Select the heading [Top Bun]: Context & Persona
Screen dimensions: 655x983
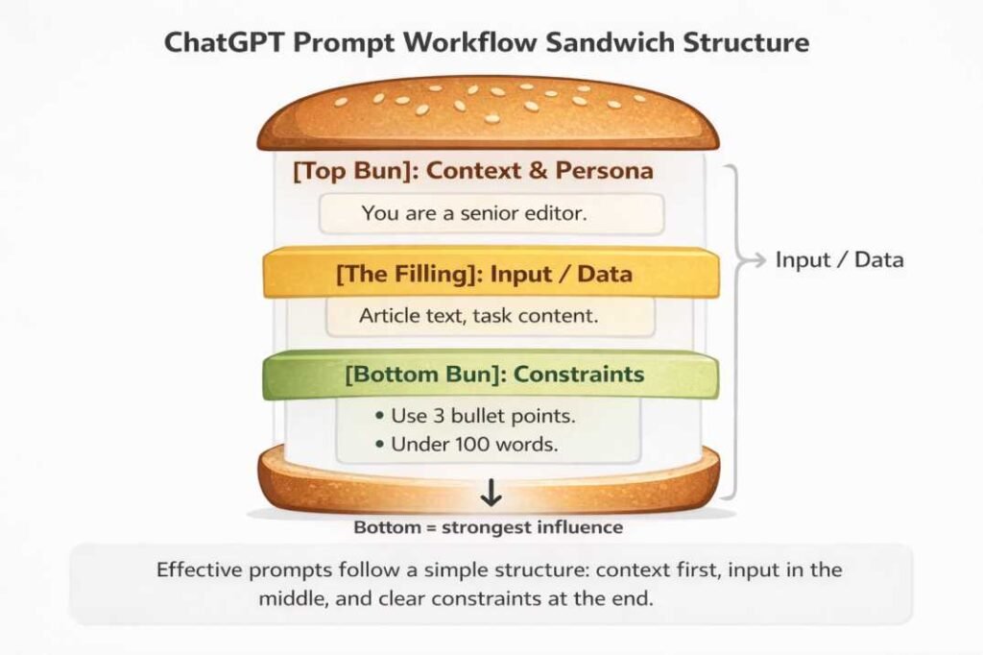click(x=472, y=171)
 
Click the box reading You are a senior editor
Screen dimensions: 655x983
click(x=488, y=213)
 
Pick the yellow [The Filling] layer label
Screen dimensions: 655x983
click(x=484, y=275)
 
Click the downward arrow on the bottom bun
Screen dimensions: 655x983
click(x=491, y=494)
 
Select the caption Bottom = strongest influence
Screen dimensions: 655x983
click(x=488, y=527)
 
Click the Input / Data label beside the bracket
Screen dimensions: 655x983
click(x=839, y=259)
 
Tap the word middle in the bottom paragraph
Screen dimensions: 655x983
click(x=291, y=597)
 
